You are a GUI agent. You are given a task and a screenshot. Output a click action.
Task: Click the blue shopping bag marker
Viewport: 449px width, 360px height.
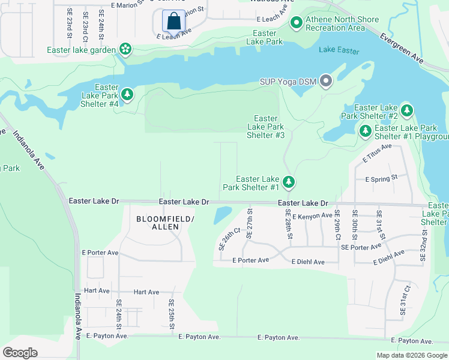point(173,21)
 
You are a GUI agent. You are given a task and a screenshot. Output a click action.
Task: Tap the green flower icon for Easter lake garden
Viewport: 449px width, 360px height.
point(125,48)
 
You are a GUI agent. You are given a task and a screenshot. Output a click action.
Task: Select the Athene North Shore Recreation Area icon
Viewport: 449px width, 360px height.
point(296,23)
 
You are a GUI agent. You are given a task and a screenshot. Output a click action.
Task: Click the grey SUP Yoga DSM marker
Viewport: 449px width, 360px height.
point(326,80)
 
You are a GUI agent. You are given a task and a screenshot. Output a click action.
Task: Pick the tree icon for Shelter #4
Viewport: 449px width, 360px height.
point(127,94)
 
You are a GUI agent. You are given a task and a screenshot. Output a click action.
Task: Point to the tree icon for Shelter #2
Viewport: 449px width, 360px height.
point(408,110)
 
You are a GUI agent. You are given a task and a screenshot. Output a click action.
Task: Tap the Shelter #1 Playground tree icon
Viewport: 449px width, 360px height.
point(364,130)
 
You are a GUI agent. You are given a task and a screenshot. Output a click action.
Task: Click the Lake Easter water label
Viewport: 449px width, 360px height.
point(339,50)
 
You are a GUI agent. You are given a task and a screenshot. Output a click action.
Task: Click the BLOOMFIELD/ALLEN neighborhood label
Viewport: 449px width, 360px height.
point(165,223)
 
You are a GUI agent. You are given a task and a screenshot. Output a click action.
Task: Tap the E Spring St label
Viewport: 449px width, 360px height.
point(381,178)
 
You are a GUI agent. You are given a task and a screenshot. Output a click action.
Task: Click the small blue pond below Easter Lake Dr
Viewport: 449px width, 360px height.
point(222,215)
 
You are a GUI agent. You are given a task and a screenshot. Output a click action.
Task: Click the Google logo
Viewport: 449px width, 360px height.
point(20,352)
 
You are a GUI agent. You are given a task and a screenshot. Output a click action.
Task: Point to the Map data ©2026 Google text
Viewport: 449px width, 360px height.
point(411,355)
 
